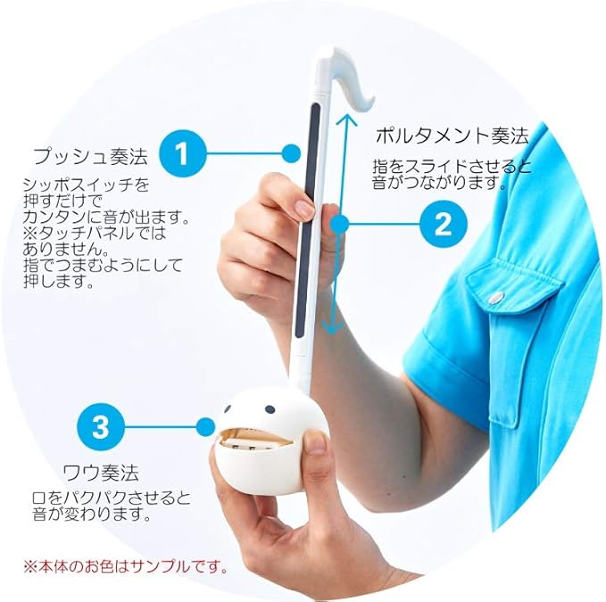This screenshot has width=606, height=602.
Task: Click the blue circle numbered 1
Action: click(x=183, y=153)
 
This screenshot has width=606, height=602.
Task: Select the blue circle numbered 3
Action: click(x=101, y=425)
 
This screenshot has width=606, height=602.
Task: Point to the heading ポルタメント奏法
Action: click(x=451, y=136)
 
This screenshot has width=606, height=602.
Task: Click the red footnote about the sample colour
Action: click(x=126, y=565)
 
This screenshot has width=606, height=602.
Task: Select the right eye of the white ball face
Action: click(x=269, y=408)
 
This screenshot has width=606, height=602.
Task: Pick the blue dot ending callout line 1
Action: click(x=291, y=153)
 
